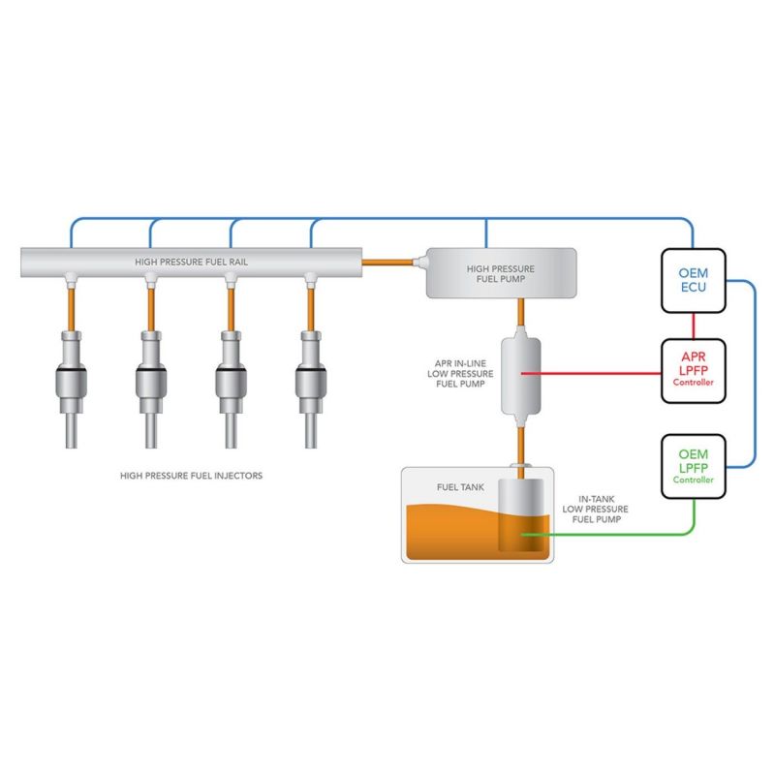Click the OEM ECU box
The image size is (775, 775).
coord(693,280)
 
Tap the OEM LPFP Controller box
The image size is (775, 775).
coord(693,466)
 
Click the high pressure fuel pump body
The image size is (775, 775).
coord(502,273)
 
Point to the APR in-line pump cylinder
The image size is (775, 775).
coord(521,373)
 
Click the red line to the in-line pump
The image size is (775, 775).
coord(601,372)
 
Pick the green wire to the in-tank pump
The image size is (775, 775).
coord(620,534)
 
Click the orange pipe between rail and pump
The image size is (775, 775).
coord(387,260)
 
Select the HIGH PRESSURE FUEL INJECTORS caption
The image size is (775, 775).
coord(191,476)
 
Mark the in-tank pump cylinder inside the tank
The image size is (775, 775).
coord(521,513)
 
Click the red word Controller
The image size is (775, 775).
coord(693,383)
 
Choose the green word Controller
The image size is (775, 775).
coord(693,480)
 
